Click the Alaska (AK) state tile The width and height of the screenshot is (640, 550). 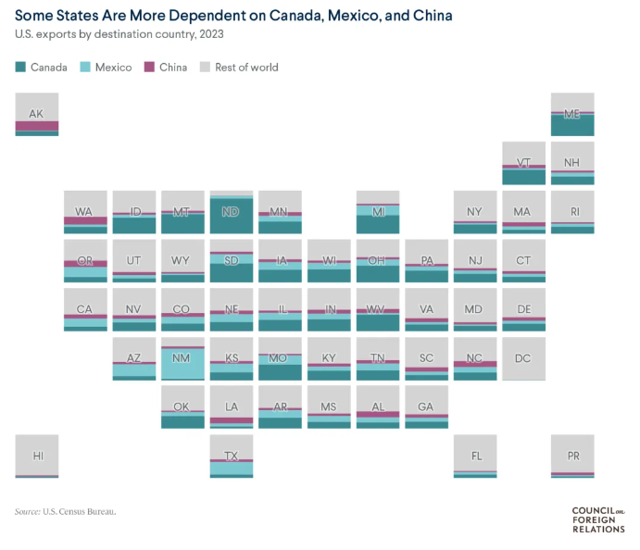37,114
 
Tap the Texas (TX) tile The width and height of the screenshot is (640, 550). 232,456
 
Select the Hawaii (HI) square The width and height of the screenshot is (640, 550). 37,456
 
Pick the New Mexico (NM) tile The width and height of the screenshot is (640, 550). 182,358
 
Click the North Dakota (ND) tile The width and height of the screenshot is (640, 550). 232,212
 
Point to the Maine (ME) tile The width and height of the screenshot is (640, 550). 572,114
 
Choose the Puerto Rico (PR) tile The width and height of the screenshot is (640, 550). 572,456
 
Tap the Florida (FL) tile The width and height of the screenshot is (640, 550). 475,456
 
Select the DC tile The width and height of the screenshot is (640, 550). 523,358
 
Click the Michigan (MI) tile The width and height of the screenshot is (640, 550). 378,212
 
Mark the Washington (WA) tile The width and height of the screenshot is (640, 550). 85,212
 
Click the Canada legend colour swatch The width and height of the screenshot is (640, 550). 21,68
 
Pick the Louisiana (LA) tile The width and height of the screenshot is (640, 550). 232,407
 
